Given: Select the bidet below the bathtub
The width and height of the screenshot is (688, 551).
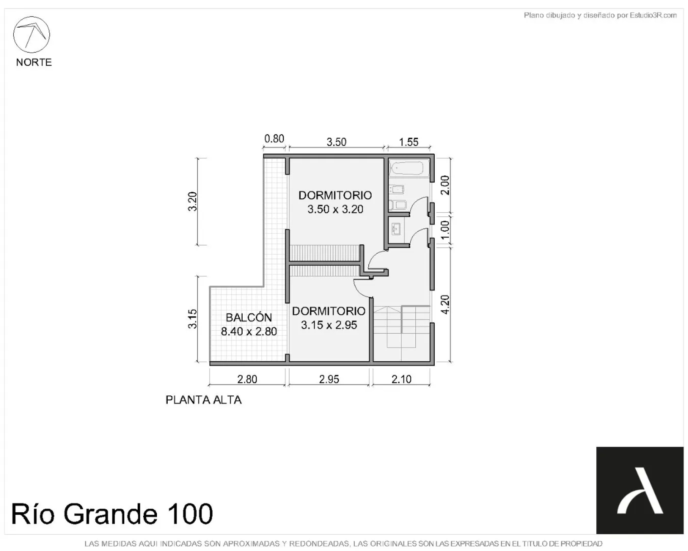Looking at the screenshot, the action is click(x=397, y=189).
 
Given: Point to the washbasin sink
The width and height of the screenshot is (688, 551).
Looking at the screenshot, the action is click(x=396, y=229).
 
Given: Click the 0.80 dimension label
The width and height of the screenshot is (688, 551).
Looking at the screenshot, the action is click(x=274, y=138).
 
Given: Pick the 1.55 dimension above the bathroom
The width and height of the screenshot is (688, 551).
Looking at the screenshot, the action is click(x=408, y=142).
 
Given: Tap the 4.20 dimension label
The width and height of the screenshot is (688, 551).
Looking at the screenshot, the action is click(x=445, y=305).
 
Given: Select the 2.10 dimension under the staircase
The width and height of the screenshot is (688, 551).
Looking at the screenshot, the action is click(x=401, y=379).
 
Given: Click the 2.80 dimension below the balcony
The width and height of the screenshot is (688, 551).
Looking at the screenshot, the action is click(x=247, y=379).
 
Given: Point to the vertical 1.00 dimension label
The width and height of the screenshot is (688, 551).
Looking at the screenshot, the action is click(x=445, y=230).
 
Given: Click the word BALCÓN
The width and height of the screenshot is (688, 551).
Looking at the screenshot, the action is click(x=249, y=317).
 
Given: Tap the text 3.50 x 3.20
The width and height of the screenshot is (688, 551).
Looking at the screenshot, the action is click(x=335, y=209).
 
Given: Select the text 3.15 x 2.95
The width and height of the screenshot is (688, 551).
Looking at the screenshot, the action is click(x=329, y=325).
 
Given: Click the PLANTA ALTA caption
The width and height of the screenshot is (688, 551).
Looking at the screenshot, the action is click(x=204, y=400).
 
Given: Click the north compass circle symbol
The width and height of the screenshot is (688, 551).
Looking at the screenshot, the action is click(x=32, y=34).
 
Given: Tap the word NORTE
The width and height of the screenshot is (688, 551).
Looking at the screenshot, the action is click(x=34, y=62).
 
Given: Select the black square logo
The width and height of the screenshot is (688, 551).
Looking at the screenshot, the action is click(x=640, y=490).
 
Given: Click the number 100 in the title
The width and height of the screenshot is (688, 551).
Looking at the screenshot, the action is click(x=190, y=514).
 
